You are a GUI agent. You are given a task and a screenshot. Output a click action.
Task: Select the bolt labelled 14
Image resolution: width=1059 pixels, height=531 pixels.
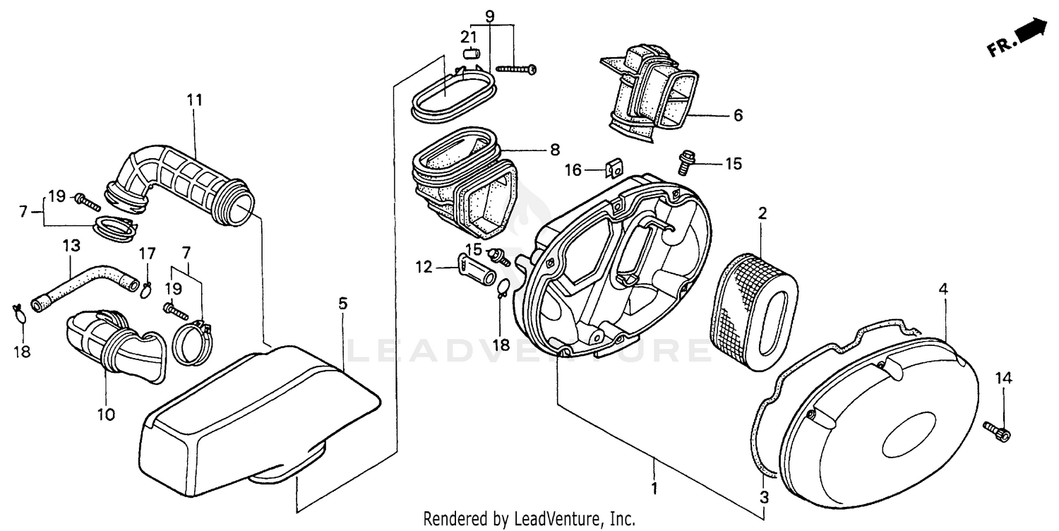click(x=997, y=430)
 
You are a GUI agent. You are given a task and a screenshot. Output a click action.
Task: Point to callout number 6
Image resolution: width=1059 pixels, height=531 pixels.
click(x=738, y=115)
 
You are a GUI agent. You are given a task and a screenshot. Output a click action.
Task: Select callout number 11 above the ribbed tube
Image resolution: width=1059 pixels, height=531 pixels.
click(x=194, y=100)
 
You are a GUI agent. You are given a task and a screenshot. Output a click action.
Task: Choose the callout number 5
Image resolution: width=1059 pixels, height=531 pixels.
click(x=342, y=304)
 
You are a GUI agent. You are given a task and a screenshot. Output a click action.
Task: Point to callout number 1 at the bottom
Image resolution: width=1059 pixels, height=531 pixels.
click(x=654, y=487)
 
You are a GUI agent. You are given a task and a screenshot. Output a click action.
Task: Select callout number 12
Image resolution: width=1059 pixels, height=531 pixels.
click(x=423, y=267)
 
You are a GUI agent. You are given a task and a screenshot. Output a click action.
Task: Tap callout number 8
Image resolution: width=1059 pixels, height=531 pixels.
click(x=554, y=150)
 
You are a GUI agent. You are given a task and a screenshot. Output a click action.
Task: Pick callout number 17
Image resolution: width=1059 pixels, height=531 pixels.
click(x=147, y=253)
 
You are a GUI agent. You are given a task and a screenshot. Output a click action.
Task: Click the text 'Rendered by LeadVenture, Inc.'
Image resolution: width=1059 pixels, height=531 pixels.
click(x=529, y=519)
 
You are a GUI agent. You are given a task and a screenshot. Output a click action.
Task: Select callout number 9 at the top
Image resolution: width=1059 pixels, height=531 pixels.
click(x=490, y=16)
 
